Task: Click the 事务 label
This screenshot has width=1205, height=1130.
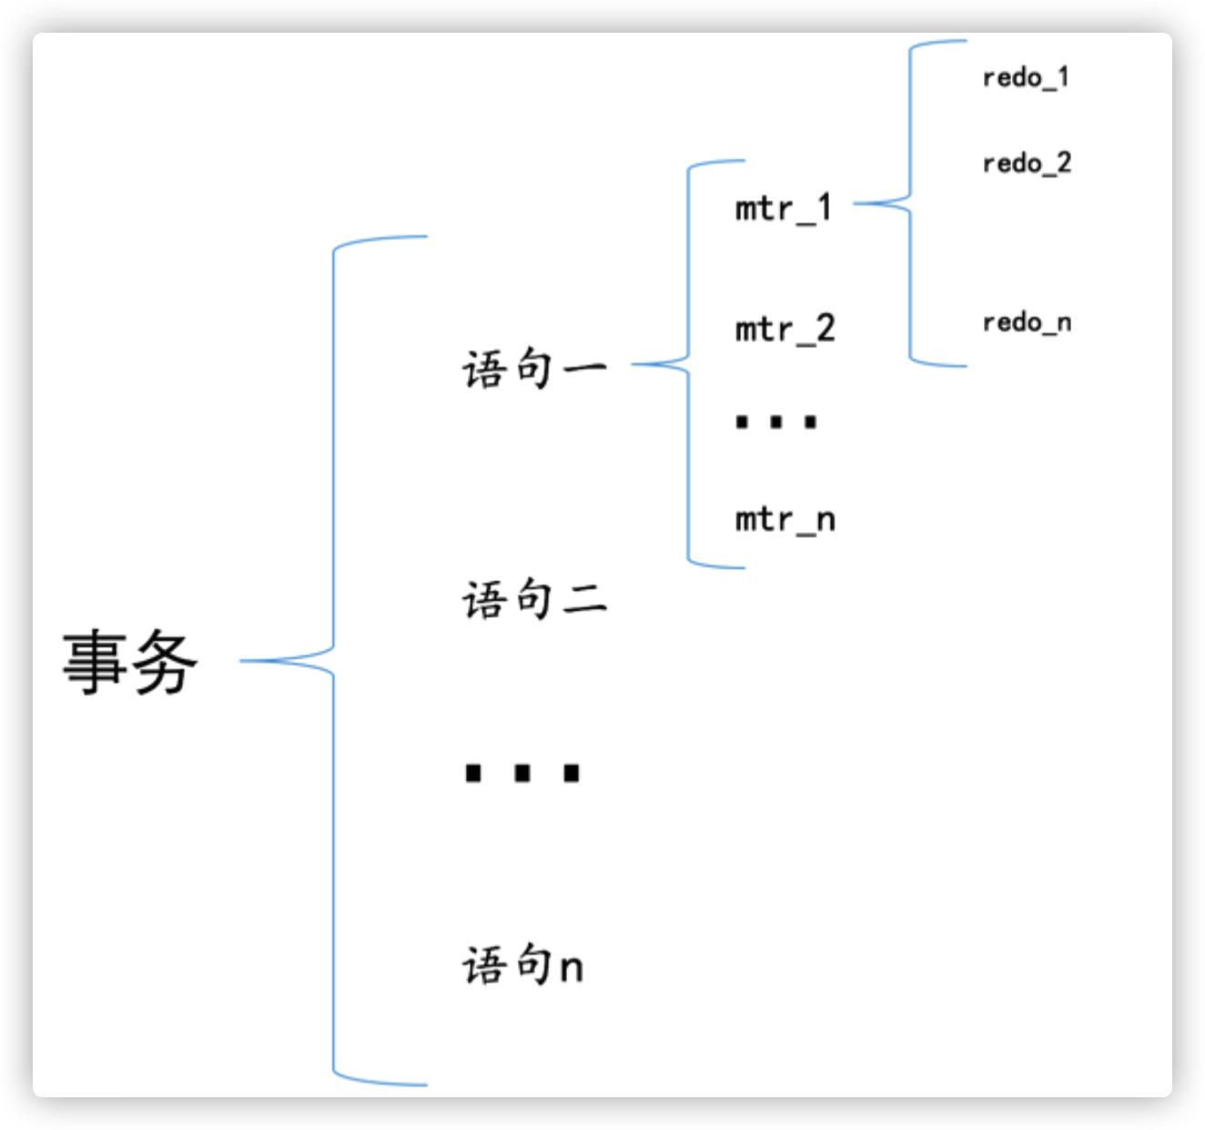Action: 130,662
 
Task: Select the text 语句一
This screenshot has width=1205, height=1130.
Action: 534,369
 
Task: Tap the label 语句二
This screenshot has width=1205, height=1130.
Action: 534,600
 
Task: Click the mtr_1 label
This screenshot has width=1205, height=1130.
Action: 784,209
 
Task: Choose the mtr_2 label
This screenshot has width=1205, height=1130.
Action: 785,329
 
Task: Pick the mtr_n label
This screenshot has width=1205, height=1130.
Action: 785,520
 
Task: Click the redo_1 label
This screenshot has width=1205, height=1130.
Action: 1026,78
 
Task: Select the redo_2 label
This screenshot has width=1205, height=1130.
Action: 1027,164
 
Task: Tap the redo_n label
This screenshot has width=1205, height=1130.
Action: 1027,322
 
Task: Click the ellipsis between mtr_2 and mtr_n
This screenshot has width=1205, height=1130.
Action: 776,422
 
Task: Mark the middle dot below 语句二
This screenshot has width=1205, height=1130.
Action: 522,773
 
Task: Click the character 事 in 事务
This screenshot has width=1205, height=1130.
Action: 95,662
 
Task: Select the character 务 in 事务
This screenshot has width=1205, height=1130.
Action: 165,662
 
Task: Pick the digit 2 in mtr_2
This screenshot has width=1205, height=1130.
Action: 825,328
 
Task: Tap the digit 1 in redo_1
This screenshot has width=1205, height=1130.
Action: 1063,76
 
